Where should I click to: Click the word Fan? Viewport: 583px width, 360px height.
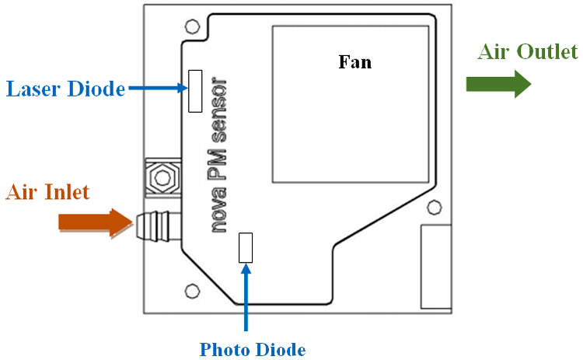tap(354, 62)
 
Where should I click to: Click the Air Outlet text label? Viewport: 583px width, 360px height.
tap(528, 52)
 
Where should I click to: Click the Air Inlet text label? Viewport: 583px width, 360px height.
tap(49, 192)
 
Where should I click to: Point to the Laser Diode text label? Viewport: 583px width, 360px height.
tap(65, 89)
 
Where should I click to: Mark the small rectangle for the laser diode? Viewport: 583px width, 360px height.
tap(195, 89)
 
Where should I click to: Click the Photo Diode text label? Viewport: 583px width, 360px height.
tap(252, 349)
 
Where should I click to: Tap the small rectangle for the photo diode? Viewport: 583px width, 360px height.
tap(246, 248)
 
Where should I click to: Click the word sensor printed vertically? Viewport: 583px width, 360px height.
tap(220, 112)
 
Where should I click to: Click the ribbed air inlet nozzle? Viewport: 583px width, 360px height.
tap(155, 223)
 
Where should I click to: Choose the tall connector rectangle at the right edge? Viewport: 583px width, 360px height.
tap(435, 264)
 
